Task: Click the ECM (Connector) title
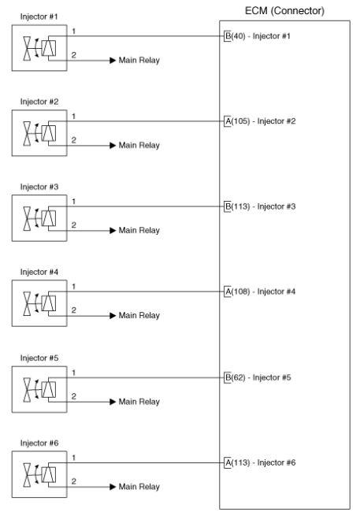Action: [x=284, y=11]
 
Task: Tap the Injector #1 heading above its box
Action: [x=39, y=17]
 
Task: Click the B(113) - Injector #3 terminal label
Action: [x=260, y=206]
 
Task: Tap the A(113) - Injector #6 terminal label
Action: [x=260, y=462]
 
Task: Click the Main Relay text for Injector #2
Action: [x=139, y=145]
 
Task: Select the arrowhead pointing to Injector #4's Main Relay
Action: [x=113, y=316]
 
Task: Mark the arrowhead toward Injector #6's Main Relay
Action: [x=113, y=487]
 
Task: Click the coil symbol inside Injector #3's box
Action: [x=49, y=217]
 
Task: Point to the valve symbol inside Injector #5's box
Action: [x=27, y=390]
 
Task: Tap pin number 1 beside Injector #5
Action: [x=73, y=373]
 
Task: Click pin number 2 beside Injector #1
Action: [x=73, y=55]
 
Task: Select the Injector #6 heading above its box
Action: [x=39, y=443]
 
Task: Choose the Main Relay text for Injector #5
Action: [x=139, y=402]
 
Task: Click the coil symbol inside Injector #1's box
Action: [x=49, y=47]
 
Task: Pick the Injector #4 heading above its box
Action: [x=39, y=272]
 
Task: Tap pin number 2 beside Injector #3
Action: [x=73, y=225]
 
